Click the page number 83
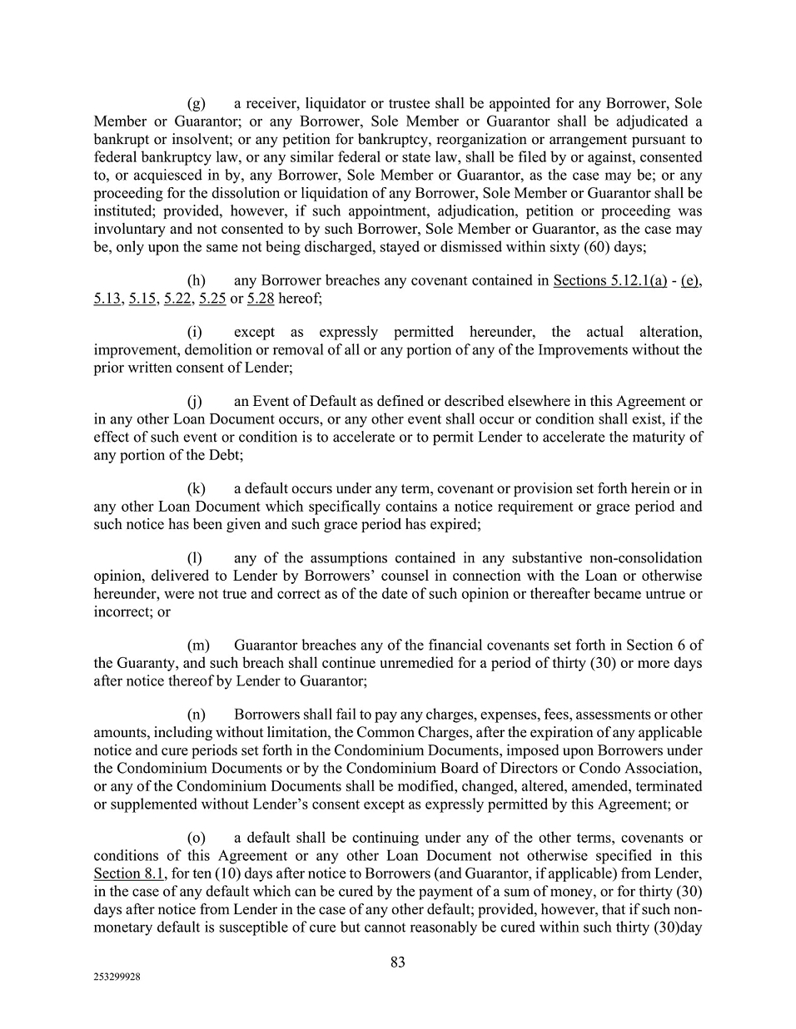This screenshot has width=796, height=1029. point(398,962)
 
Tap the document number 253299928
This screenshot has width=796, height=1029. point(117,979)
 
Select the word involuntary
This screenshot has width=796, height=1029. point(129,230)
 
